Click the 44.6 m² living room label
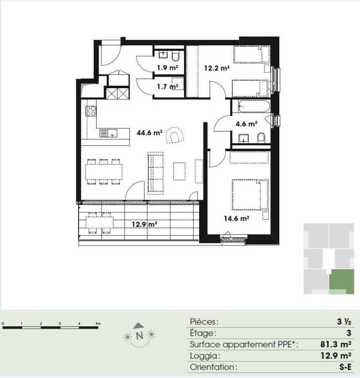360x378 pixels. (150, 133)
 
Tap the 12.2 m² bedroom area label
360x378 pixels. (217, 68)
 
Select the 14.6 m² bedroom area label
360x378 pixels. (236, 218)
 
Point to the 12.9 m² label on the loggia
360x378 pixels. (145, 224)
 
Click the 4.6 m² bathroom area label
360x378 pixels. (247, 124)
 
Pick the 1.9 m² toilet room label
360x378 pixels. (167, 68)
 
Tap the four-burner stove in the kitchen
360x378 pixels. (91, 111)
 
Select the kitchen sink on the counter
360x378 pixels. (108, 134)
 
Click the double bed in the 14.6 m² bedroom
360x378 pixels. (250, 195)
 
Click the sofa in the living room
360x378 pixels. (155, 172)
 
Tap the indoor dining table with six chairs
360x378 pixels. (104, 172)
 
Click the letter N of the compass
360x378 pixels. (139, 336)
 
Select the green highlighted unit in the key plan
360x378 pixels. (341, 282)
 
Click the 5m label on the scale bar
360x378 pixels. (98, 324)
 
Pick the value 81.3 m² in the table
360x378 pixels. (335, 344)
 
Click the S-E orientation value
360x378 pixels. (345, 367)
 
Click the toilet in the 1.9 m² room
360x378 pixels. (176, 56)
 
